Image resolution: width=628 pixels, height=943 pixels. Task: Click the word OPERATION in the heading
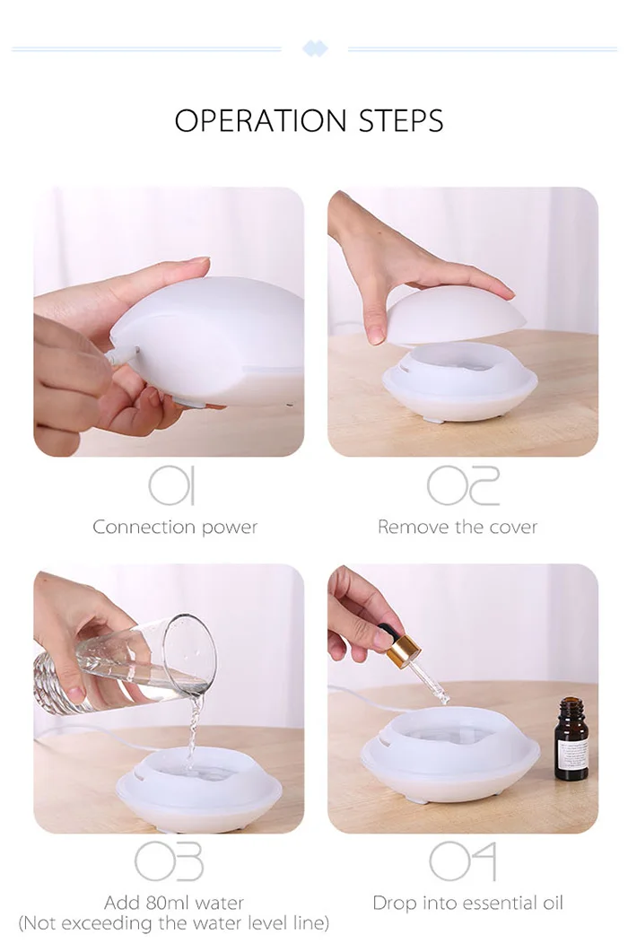(x=261, y=120)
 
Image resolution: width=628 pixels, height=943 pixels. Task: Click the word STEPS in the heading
(x=401, y=120)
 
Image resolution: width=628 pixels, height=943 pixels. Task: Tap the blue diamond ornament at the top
(x=315, y=48)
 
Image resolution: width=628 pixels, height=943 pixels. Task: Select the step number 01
(x=172, y=485)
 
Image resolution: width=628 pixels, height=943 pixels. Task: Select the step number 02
(x=463, y=485)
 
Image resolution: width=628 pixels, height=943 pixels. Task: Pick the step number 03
(x=169, y=861)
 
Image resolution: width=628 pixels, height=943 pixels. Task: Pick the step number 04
(x=463, y=861)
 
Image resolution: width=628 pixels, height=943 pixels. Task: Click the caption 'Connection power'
(x=175, y=528)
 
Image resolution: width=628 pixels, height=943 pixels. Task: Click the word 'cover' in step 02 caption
(x=513, y=528)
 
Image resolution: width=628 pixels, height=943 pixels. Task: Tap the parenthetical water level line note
(x=174, y=922)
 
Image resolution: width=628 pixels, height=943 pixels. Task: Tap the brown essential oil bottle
(x=571, y=739)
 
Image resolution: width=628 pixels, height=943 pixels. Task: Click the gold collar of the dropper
(x=403, y=649)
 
